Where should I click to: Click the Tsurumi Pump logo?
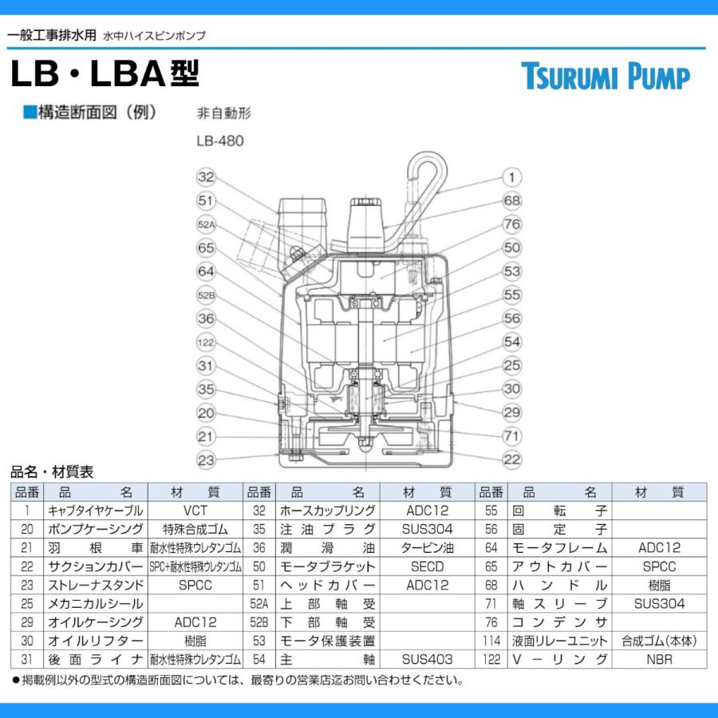[x=606, y=77]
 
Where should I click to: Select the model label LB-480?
[x=219, y=141]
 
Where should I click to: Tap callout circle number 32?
[x=207, y=177]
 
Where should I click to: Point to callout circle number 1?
[x=511, y=177]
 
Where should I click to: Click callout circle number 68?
[x=511, y=200]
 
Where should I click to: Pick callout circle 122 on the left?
[x=207, y=342]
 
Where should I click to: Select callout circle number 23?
[x=207, y=460]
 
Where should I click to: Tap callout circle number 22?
[x=511, y=460]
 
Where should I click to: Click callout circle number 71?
[x=511, y=436]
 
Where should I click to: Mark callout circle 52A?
[x=207, y=224]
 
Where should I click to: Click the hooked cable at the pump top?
[x=427, y=172]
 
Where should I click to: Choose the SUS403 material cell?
[x=428, y=660]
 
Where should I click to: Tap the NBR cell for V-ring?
[x=660, y=660]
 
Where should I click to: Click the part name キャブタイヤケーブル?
[x=95, y=511]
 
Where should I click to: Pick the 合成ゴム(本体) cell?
[x=660, y=641]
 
